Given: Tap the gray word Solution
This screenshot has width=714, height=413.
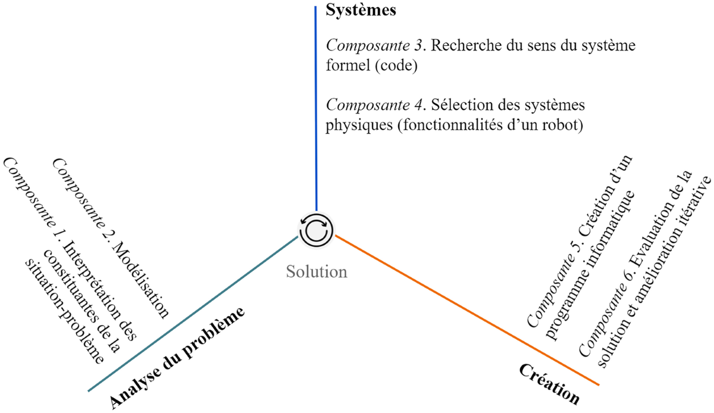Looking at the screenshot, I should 316,272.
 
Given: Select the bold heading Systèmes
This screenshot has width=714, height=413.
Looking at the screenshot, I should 361,11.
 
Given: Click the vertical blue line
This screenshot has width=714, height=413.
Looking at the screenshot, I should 315,107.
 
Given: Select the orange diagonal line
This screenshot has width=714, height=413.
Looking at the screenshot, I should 464,309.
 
